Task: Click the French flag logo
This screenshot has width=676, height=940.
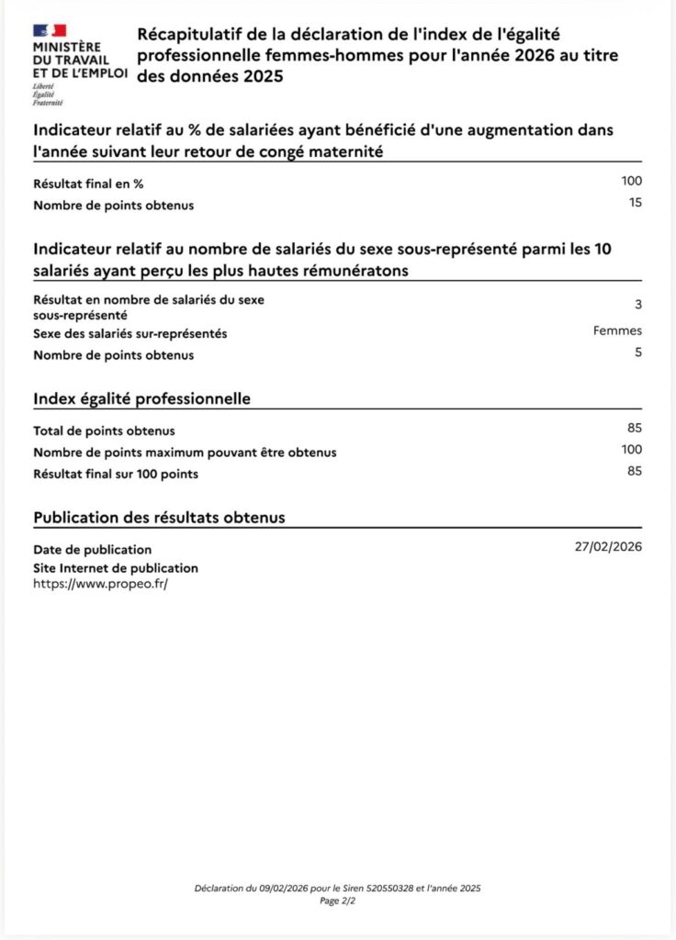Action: point(50,31)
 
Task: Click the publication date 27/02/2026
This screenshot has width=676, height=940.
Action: point(608,547)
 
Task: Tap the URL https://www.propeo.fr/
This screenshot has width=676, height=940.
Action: point(101,583)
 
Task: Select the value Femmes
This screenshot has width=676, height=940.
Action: point(617,331)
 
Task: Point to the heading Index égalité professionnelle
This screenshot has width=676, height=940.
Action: point(142,399)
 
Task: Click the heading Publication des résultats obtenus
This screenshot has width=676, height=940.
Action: point(159,518)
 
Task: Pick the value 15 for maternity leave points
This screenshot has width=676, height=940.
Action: point(635,203)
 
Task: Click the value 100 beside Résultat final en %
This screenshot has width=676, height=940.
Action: point(631,181)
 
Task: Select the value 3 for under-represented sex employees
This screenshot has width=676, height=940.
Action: point(637,305)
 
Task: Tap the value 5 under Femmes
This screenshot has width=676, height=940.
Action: point(637,352)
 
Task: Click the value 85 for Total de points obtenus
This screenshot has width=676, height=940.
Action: point(634,428)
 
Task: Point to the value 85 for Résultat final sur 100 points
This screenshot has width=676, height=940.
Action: point(634,472)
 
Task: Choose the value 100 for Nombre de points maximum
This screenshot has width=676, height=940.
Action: point(631,450)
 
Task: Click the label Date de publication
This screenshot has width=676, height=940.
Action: point(93,550)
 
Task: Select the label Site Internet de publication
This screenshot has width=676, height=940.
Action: point(116,568)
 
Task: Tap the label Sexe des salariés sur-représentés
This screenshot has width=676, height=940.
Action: point(130,333)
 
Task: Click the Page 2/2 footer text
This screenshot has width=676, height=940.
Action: point(337,901)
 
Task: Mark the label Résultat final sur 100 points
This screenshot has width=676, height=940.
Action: point(116,475)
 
